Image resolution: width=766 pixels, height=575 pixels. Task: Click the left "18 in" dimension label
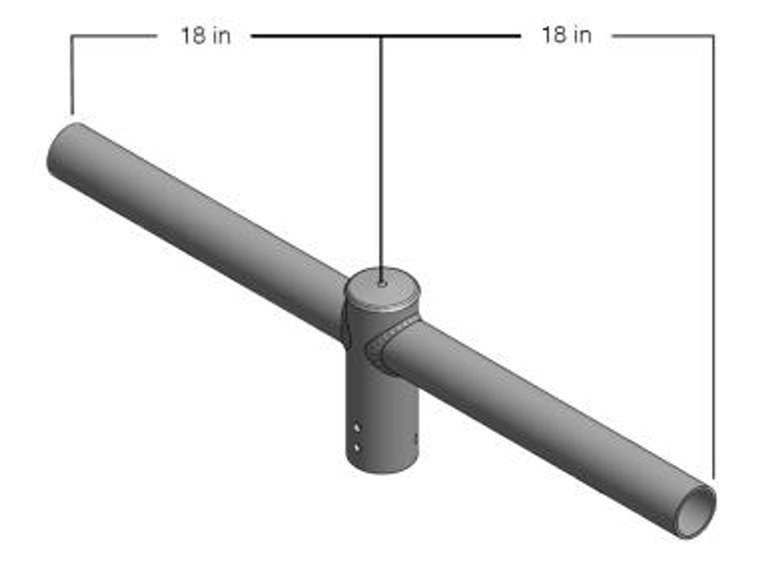pos(206,35)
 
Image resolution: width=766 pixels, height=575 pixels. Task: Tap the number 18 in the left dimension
pos(193,35)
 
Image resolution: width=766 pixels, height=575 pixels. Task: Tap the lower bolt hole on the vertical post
pos(357,447)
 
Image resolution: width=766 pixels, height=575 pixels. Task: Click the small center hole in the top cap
pos(382,286)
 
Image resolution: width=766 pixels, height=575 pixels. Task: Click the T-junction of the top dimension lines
pos(381,37)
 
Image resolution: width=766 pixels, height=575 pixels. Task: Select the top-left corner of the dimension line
pos(72,37)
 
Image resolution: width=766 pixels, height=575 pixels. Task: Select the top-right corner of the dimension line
pos(713,36)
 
